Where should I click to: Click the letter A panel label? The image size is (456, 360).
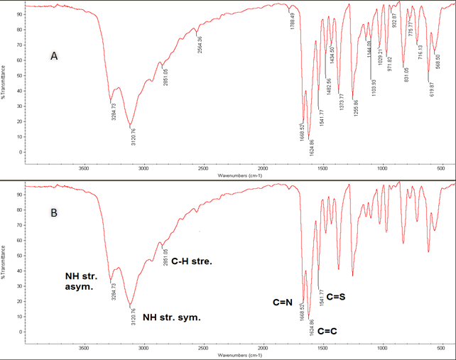(53, 55)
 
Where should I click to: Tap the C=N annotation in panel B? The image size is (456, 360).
(282, 303)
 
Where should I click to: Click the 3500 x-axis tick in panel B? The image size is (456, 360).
(84, 349)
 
